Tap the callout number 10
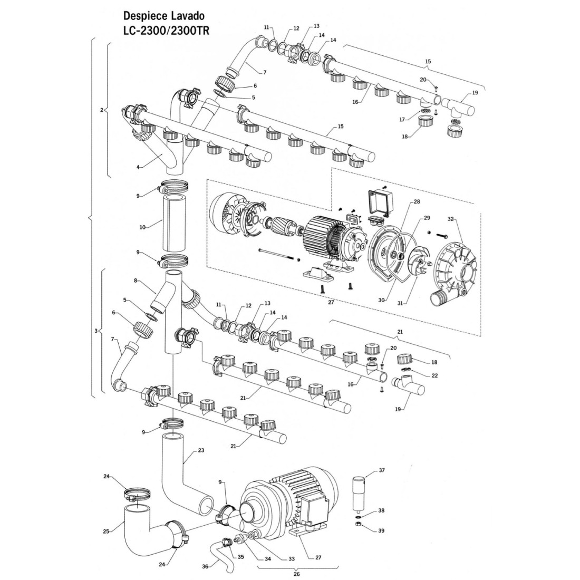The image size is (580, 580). [x=142, y=227]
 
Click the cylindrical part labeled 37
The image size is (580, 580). [x=360, y=494]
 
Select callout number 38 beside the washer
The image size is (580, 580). [x=382, y=511]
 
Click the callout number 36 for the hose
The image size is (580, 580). [x=205, y=567]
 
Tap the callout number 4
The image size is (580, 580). [x=138, y=167]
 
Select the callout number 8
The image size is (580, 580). [x=136, y=281]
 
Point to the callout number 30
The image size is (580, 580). [x=382, y=300]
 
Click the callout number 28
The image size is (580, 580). [x=417, y=202]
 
